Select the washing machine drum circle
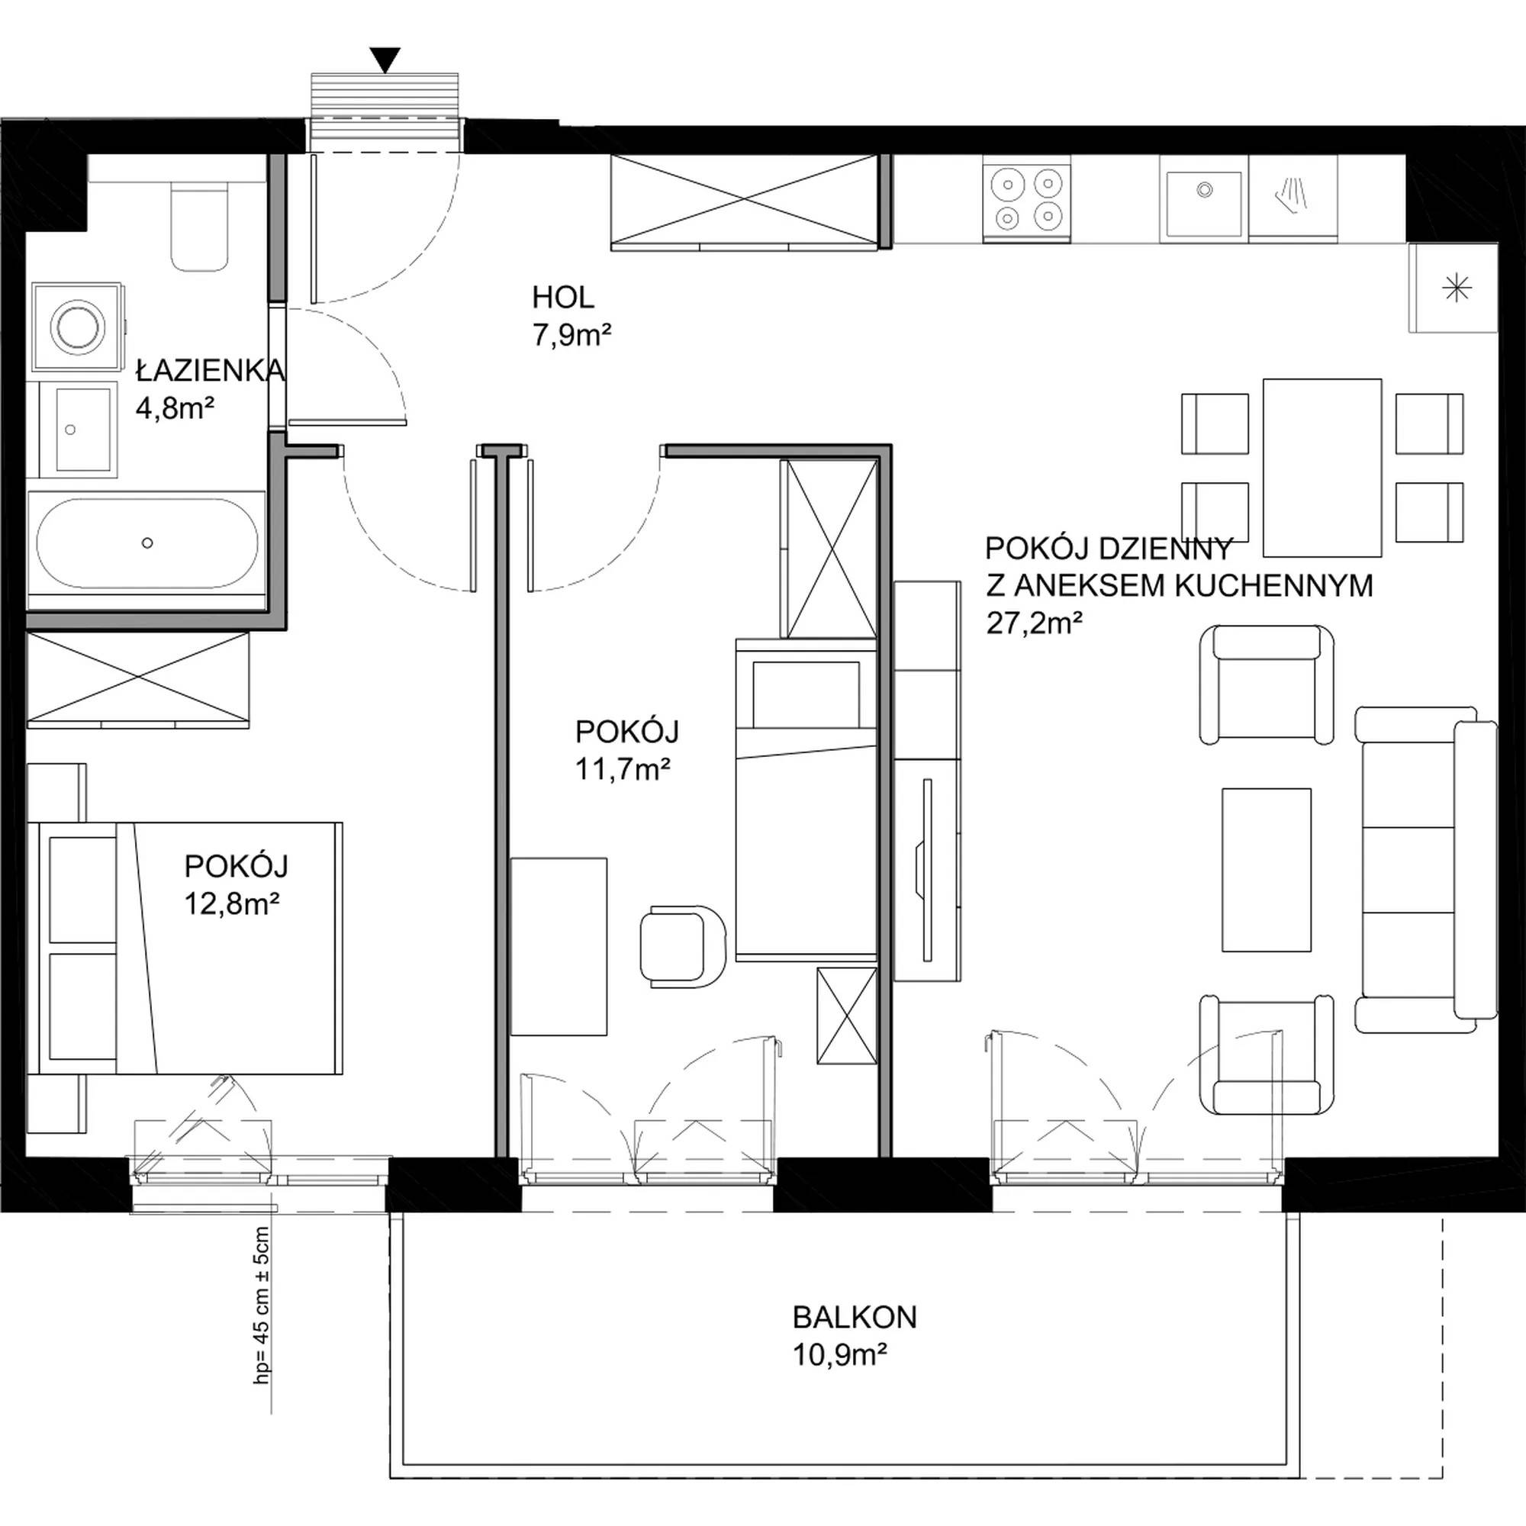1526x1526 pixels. pyautogui.click(x=76, y=327)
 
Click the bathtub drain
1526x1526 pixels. pyautogui.click(x=147, y=542)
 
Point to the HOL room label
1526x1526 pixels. pyautogui.click(x=563, y=298)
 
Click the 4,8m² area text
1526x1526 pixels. pyautogui.click(x=175, y=408)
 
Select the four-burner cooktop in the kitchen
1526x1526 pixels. pyautogui.click(x=1027, y=199)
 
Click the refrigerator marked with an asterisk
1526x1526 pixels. pyautogui.click(x=1454, y=288)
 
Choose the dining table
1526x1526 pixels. pyautogui.click(x=1322, y=468)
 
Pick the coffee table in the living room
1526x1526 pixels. pyautogui.click(x=1266, y=869)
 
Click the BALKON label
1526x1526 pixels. pyautogui.click(x=855, y=1318)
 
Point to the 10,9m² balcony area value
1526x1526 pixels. pyautogui.click(x=840, y=1355)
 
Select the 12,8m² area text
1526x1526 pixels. pyautogui.click(x=232, y=903)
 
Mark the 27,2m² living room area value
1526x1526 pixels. pyautogui.click(x=1034, y=623)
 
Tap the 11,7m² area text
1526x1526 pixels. pyautogui.click(x=623, y=768)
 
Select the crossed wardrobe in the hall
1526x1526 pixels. pyautogui.click(x=744, y=201)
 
